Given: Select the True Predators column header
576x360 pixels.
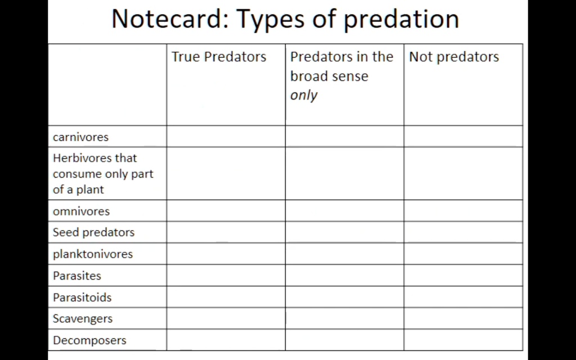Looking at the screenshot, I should point(219,57).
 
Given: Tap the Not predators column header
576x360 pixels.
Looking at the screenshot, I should point(454,57).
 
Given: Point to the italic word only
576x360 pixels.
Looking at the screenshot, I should point(304,95).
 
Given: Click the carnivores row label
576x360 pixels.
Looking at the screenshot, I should point(80,137).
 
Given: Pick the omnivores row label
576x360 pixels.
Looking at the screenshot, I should point(81,211).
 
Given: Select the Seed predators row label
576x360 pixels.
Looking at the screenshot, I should point(93,232).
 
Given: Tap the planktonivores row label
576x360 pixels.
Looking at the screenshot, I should point(93,254).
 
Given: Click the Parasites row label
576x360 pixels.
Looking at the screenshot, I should point(77,276).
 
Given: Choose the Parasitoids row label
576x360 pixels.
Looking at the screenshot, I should point(82,297).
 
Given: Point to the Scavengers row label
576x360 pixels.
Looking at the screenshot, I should point(83,318).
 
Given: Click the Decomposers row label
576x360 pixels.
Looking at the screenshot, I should point(89,340).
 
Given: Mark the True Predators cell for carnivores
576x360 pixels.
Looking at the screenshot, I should point(226,136).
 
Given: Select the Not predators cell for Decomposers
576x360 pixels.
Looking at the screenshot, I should point(463,340).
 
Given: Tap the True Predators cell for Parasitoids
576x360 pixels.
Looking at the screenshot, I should point(226,297).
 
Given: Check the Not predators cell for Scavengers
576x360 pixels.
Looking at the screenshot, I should point(463,318).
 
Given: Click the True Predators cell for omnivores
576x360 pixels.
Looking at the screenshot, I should point(226,211).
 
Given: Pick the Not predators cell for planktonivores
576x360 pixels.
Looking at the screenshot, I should point(463,254).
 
